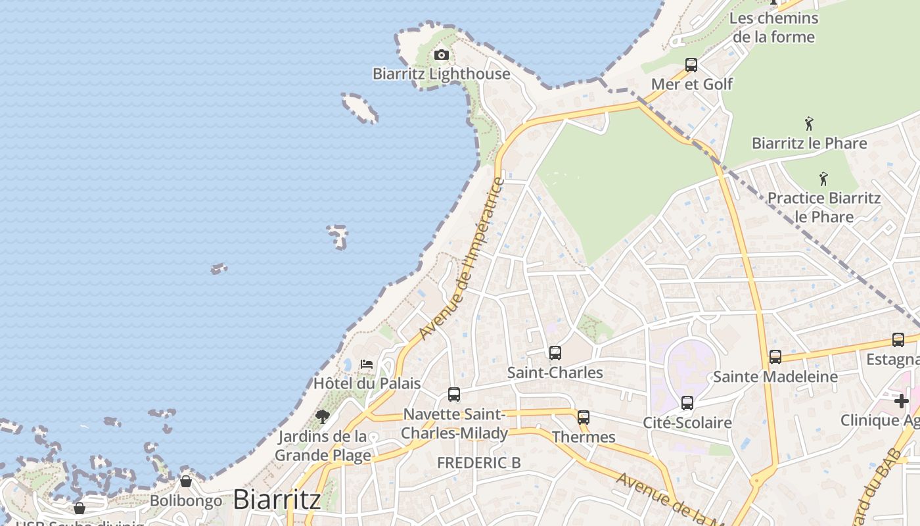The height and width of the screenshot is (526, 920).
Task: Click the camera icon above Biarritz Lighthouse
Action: pyautogui.click(x=442, y=55)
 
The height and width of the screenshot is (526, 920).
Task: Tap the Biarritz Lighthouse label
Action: pyautogui.click(x=441, y=74)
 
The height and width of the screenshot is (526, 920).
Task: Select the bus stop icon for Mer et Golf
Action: pyautogui.click(x=691, y=65)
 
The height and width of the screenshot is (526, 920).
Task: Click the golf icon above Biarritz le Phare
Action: pyautogui.click(x=809, y=124)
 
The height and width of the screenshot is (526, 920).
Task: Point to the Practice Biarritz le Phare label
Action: pyautogui.click(x=824, y=207)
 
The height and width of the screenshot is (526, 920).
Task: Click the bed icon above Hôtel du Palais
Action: pyautogui.click(x=367, y=364)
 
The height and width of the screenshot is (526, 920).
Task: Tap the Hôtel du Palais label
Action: pyautogui.click(x=367, y=383)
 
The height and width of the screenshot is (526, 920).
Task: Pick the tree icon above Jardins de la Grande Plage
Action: pyautogui.click(x=322, y=416)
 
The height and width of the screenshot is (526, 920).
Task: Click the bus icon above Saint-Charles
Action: pyautogui.click(x=555, y=353)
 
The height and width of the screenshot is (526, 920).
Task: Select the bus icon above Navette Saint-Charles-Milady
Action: pyautogui.click(x=454, y=394)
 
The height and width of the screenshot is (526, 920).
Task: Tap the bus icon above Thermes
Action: pyautogui.click(x=584, y=418)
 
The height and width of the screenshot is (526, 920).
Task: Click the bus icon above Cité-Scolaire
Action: pyautogui.click(x=687, y=403)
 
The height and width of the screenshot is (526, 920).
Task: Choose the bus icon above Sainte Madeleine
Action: pyautogui.click(x=775, y=357)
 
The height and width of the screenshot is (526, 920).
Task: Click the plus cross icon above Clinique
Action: pyautogui.click(x=901, y=400)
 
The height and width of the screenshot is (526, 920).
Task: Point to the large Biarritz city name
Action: pyautogui.click(x=277, y=499)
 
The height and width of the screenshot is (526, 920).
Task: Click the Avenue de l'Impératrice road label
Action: pyautogui.click(x=461, y=259)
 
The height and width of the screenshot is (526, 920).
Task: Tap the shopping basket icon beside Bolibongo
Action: pyautogui.click(x=186, y=482)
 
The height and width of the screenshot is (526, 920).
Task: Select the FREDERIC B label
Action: pyautogui.click(x=479, y=463)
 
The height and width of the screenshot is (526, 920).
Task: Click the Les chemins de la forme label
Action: pyautogui.click(x=773, y=27)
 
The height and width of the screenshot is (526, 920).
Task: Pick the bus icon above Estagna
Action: pyautogui.click(x=898, y=340)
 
